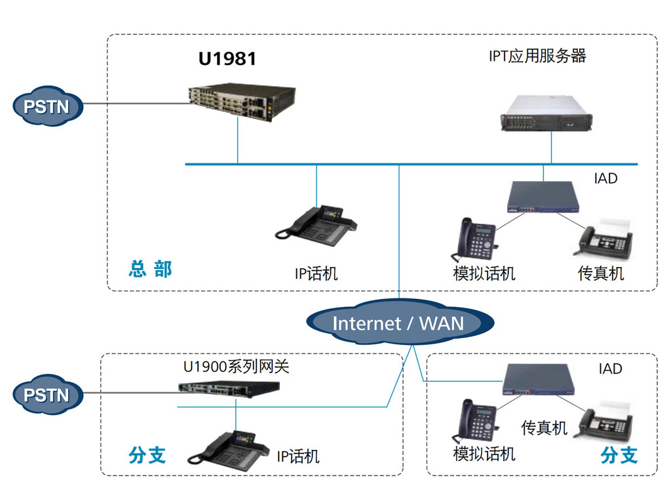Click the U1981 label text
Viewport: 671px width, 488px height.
[x=227, y=58]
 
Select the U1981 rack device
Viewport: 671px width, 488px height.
[x=242, y=102]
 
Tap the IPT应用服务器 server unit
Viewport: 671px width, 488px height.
[x=546, y=113]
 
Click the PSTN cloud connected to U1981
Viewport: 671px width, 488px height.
[x=47, y=106]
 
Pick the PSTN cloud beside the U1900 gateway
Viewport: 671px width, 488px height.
[x=47, y=395]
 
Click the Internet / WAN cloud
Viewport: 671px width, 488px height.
[x=400, y=322]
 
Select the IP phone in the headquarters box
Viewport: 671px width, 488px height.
[x=316, y=226]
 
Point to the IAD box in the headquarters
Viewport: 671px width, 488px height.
[x=543, y=197]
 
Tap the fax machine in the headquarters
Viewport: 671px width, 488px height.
[x=605, y=239]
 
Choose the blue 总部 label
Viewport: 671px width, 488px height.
[x=150, y=269]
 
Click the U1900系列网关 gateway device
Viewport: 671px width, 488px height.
[x=229, y=389]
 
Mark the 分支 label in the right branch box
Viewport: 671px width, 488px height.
[x=619, y=455]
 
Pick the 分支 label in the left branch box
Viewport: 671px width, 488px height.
[x=147, y=455]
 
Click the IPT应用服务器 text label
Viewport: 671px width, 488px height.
[x=537, y=56]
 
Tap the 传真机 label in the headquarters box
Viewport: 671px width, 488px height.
[x=601, y=274]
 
